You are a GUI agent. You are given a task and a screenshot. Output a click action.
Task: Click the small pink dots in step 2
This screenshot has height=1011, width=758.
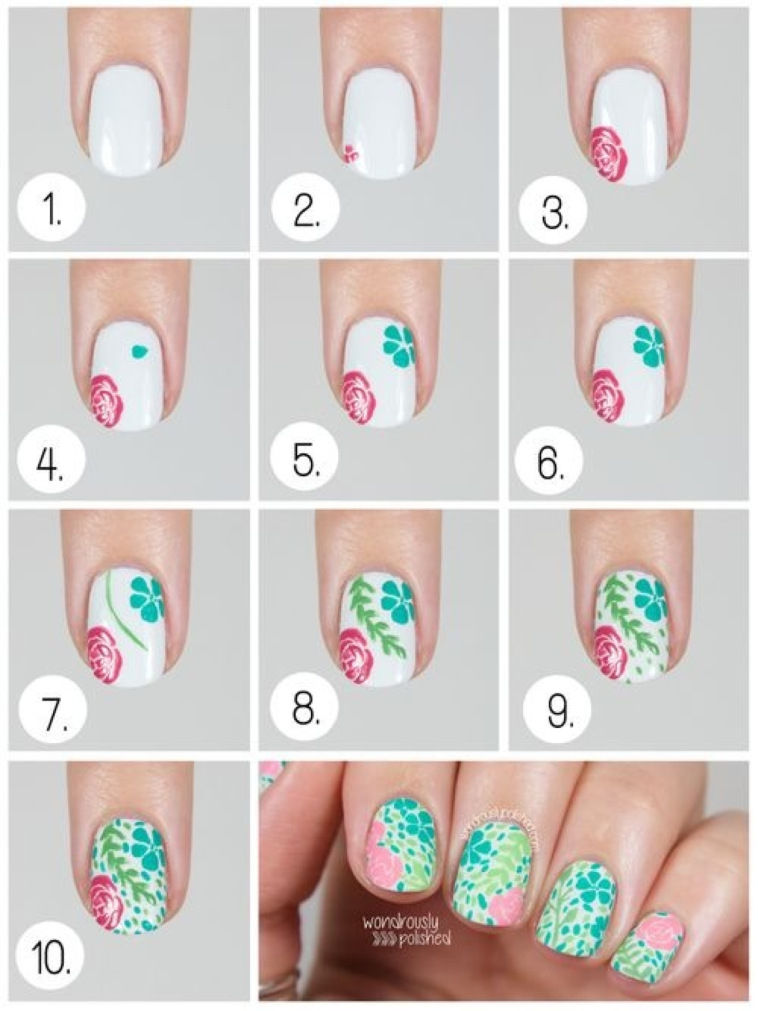pos(349,153)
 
